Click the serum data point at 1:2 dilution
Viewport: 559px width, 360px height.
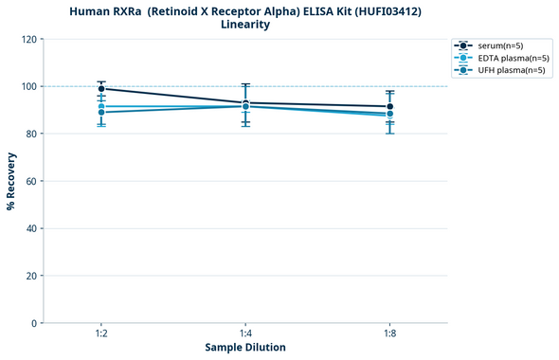tap(101, 89)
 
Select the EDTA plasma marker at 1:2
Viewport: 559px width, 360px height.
tap(101, 106)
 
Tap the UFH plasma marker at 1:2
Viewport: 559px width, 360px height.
tap(101, 113)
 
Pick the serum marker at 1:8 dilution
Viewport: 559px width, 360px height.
tap(389, 107)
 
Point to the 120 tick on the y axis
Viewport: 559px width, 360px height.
tap(28, 40)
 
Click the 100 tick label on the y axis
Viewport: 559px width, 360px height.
tap(28, 87)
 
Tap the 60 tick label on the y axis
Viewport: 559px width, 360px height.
tap(31, 181)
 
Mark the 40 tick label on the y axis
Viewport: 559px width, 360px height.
tap(31, 228)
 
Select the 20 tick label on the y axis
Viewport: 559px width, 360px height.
tap(31, 276)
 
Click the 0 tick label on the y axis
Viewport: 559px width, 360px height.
tap(34, 323)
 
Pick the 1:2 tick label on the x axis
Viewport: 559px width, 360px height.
tap(101, 334)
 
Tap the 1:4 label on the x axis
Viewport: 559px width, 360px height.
tap(245, 334)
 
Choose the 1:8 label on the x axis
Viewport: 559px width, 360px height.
tap(389, 334)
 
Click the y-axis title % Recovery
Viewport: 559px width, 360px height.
tap(11, 181)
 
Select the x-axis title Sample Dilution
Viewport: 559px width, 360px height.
tap(245, 348)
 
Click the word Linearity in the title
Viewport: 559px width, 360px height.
tap(245, 25)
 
